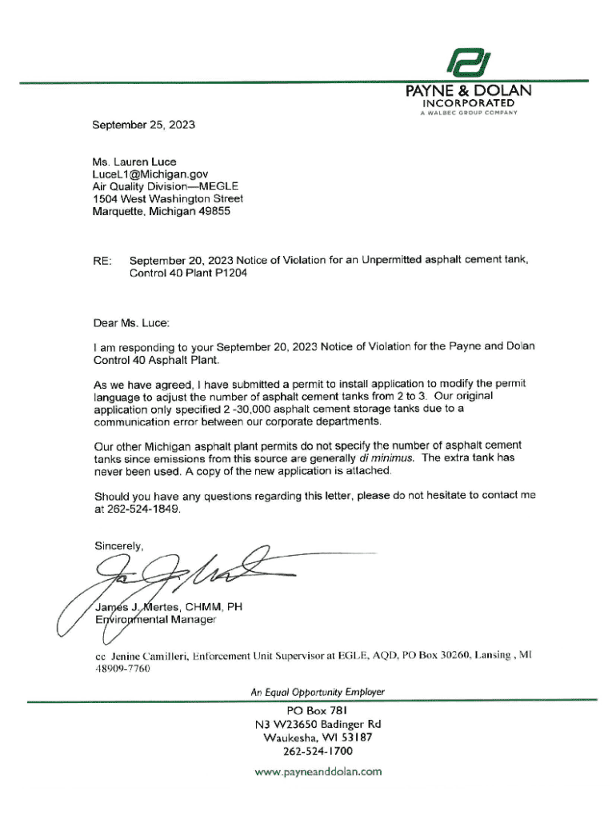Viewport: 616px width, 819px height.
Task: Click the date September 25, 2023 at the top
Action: coord(143,125)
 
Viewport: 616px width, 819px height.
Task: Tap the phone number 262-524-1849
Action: coord(138,508)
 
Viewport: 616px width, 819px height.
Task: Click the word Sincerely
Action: coord(118,546)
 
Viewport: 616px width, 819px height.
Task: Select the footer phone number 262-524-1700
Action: coord(318,752)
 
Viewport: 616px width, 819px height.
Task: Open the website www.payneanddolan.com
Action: coord(318,772)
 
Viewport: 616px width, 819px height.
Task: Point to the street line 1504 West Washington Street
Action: coord(168,199)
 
